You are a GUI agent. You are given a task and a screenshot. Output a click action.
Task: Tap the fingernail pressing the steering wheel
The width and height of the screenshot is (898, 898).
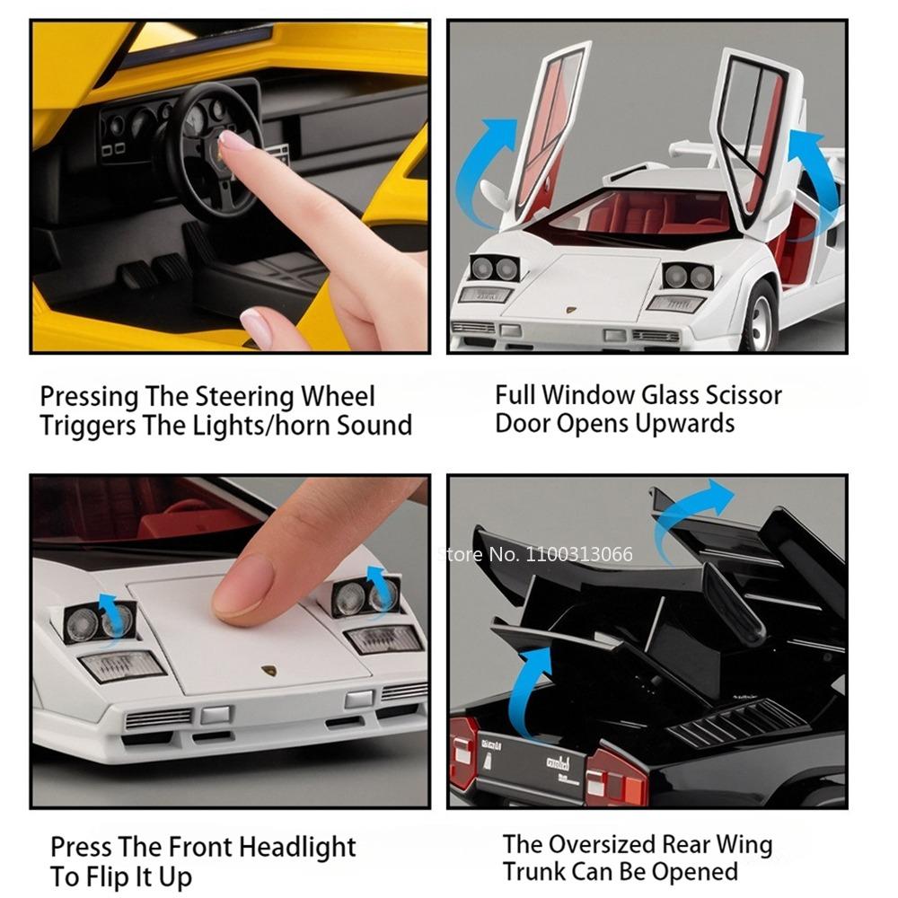point(236,142)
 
